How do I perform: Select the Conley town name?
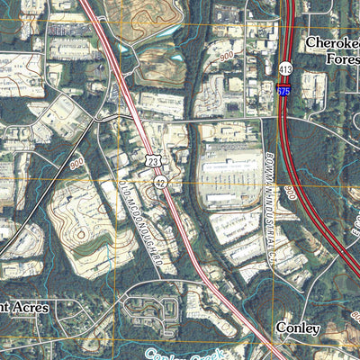[x=298, y=328]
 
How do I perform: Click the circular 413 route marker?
[x=285, y=68]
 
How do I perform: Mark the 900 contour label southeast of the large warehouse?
[x=290, y=193]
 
